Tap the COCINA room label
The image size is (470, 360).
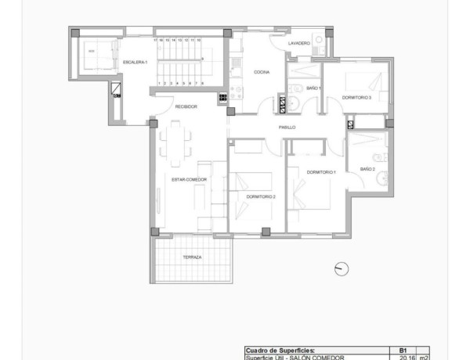click(262, 72)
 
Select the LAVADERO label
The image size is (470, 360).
click(299, 43)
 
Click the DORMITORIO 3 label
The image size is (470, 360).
click(356, 97)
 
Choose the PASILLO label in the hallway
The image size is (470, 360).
click(287, 126)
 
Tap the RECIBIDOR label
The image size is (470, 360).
click(186, 106)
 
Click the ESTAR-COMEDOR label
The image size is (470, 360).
click(189, 179)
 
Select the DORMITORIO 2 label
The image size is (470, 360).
click(260, 196)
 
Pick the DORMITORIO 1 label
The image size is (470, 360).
click(321, 171)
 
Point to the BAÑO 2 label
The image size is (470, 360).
click(367, 169)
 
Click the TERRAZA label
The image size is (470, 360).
click(193, 257)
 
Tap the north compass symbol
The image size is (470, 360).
click(341, 268)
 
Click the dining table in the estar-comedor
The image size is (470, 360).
click(174, 142)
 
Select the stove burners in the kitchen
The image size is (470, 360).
click(222, 98)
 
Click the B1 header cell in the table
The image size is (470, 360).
click(403, 350)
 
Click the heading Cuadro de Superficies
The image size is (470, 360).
click(280, 350)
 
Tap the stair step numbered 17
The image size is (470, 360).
click(157, 38)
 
